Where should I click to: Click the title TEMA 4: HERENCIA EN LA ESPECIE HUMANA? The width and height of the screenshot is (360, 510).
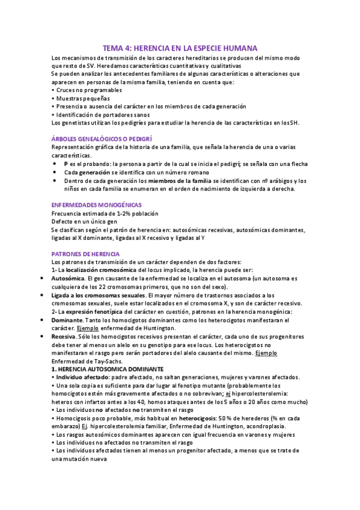tap(180, 47)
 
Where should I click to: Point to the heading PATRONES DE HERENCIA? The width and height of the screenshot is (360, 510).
tap(85, 254)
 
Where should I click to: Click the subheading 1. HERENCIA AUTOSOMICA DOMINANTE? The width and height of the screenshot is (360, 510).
tap(112, 367)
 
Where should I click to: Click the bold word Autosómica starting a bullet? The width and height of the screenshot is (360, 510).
tap(68, 279)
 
